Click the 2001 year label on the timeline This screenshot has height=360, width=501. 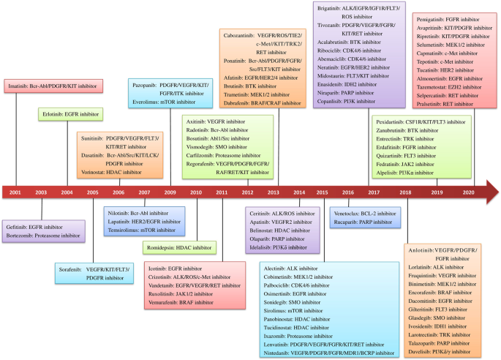(x=15, y=192)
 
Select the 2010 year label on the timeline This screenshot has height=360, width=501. (x=195, y=192)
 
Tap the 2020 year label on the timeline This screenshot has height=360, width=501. (x=468, y=192)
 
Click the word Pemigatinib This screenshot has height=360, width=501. (x=429, y=16)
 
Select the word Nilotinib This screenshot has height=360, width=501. (x=110, y=213)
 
